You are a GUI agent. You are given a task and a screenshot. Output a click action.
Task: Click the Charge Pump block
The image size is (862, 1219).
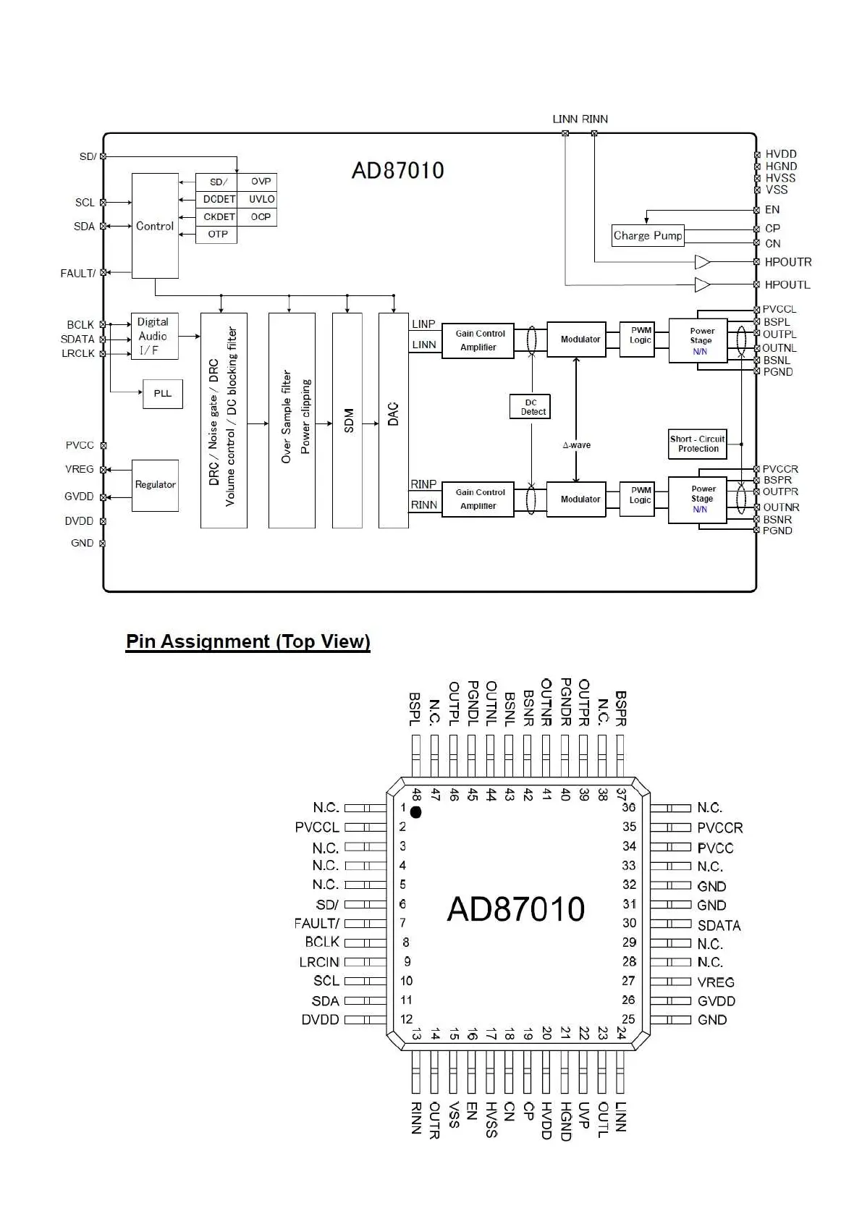coord(648,236)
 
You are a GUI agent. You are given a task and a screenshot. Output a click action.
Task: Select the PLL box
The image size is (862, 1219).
coord(163,394)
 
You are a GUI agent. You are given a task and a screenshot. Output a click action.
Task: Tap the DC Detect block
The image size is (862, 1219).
coord(530,407)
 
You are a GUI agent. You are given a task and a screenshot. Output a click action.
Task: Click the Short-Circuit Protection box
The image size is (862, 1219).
coord(697,444)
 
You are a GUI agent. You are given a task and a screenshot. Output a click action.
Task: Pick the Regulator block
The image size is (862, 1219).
coord(155,485)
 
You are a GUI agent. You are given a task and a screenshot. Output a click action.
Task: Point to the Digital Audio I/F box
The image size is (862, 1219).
coord(155,336)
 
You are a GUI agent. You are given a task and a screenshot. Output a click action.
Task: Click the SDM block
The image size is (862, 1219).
coord(347,420)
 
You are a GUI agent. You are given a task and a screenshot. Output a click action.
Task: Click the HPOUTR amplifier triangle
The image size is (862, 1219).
coord(702,262)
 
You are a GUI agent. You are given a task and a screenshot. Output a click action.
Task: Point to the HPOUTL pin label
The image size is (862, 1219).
coord(787,284)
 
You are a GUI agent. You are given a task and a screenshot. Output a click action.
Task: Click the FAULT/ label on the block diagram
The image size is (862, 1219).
coord(78,273)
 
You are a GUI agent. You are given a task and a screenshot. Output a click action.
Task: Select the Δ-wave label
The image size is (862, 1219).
coord(576,444)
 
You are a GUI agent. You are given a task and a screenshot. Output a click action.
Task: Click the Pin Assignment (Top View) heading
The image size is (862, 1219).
coord(248,641)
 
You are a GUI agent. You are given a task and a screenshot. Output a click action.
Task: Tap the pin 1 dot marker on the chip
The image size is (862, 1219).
coord(415,812)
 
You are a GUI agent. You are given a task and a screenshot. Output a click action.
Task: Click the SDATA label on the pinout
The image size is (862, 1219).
coord(719,925)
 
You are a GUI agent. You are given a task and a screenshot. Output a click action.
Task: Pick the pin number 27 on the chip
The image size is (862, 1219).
coord(628,980)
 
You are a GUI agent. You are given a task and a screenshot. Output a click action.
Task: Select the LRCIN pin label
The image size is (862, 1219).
coord(319,962)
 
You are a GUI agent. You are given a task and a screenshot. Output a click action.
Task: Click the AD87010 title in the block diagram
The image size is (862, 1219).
coord(398,170)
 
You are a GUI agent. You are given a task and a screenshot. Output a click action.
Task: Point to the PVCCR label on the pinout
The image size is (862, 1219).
coord(720,827)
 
